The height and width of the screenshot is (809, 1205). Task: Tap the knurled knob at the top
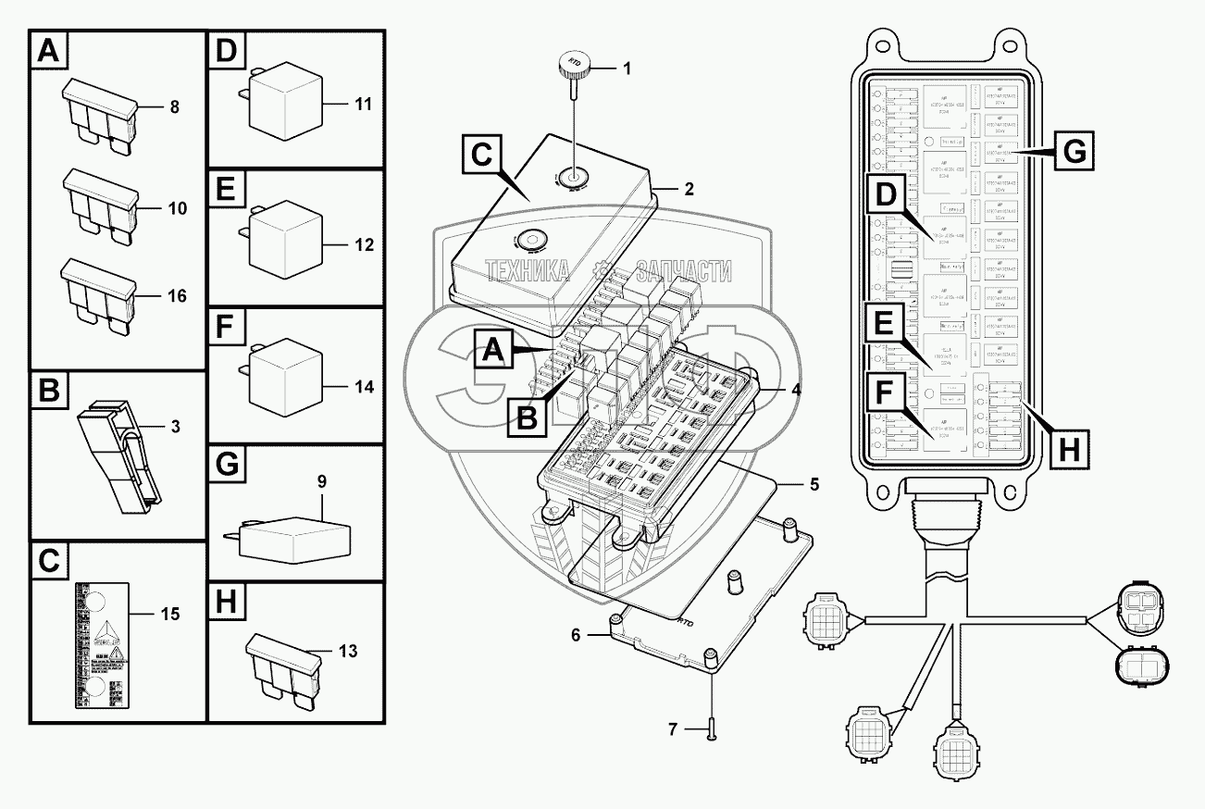[569, 68]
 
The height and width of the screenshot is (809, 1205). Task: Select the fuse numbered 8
[100, 113]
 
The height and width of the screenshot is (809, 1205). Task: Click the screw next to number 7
[710, 730]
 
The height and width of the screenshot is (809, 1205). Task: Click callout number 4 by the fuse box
[796, 389]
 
